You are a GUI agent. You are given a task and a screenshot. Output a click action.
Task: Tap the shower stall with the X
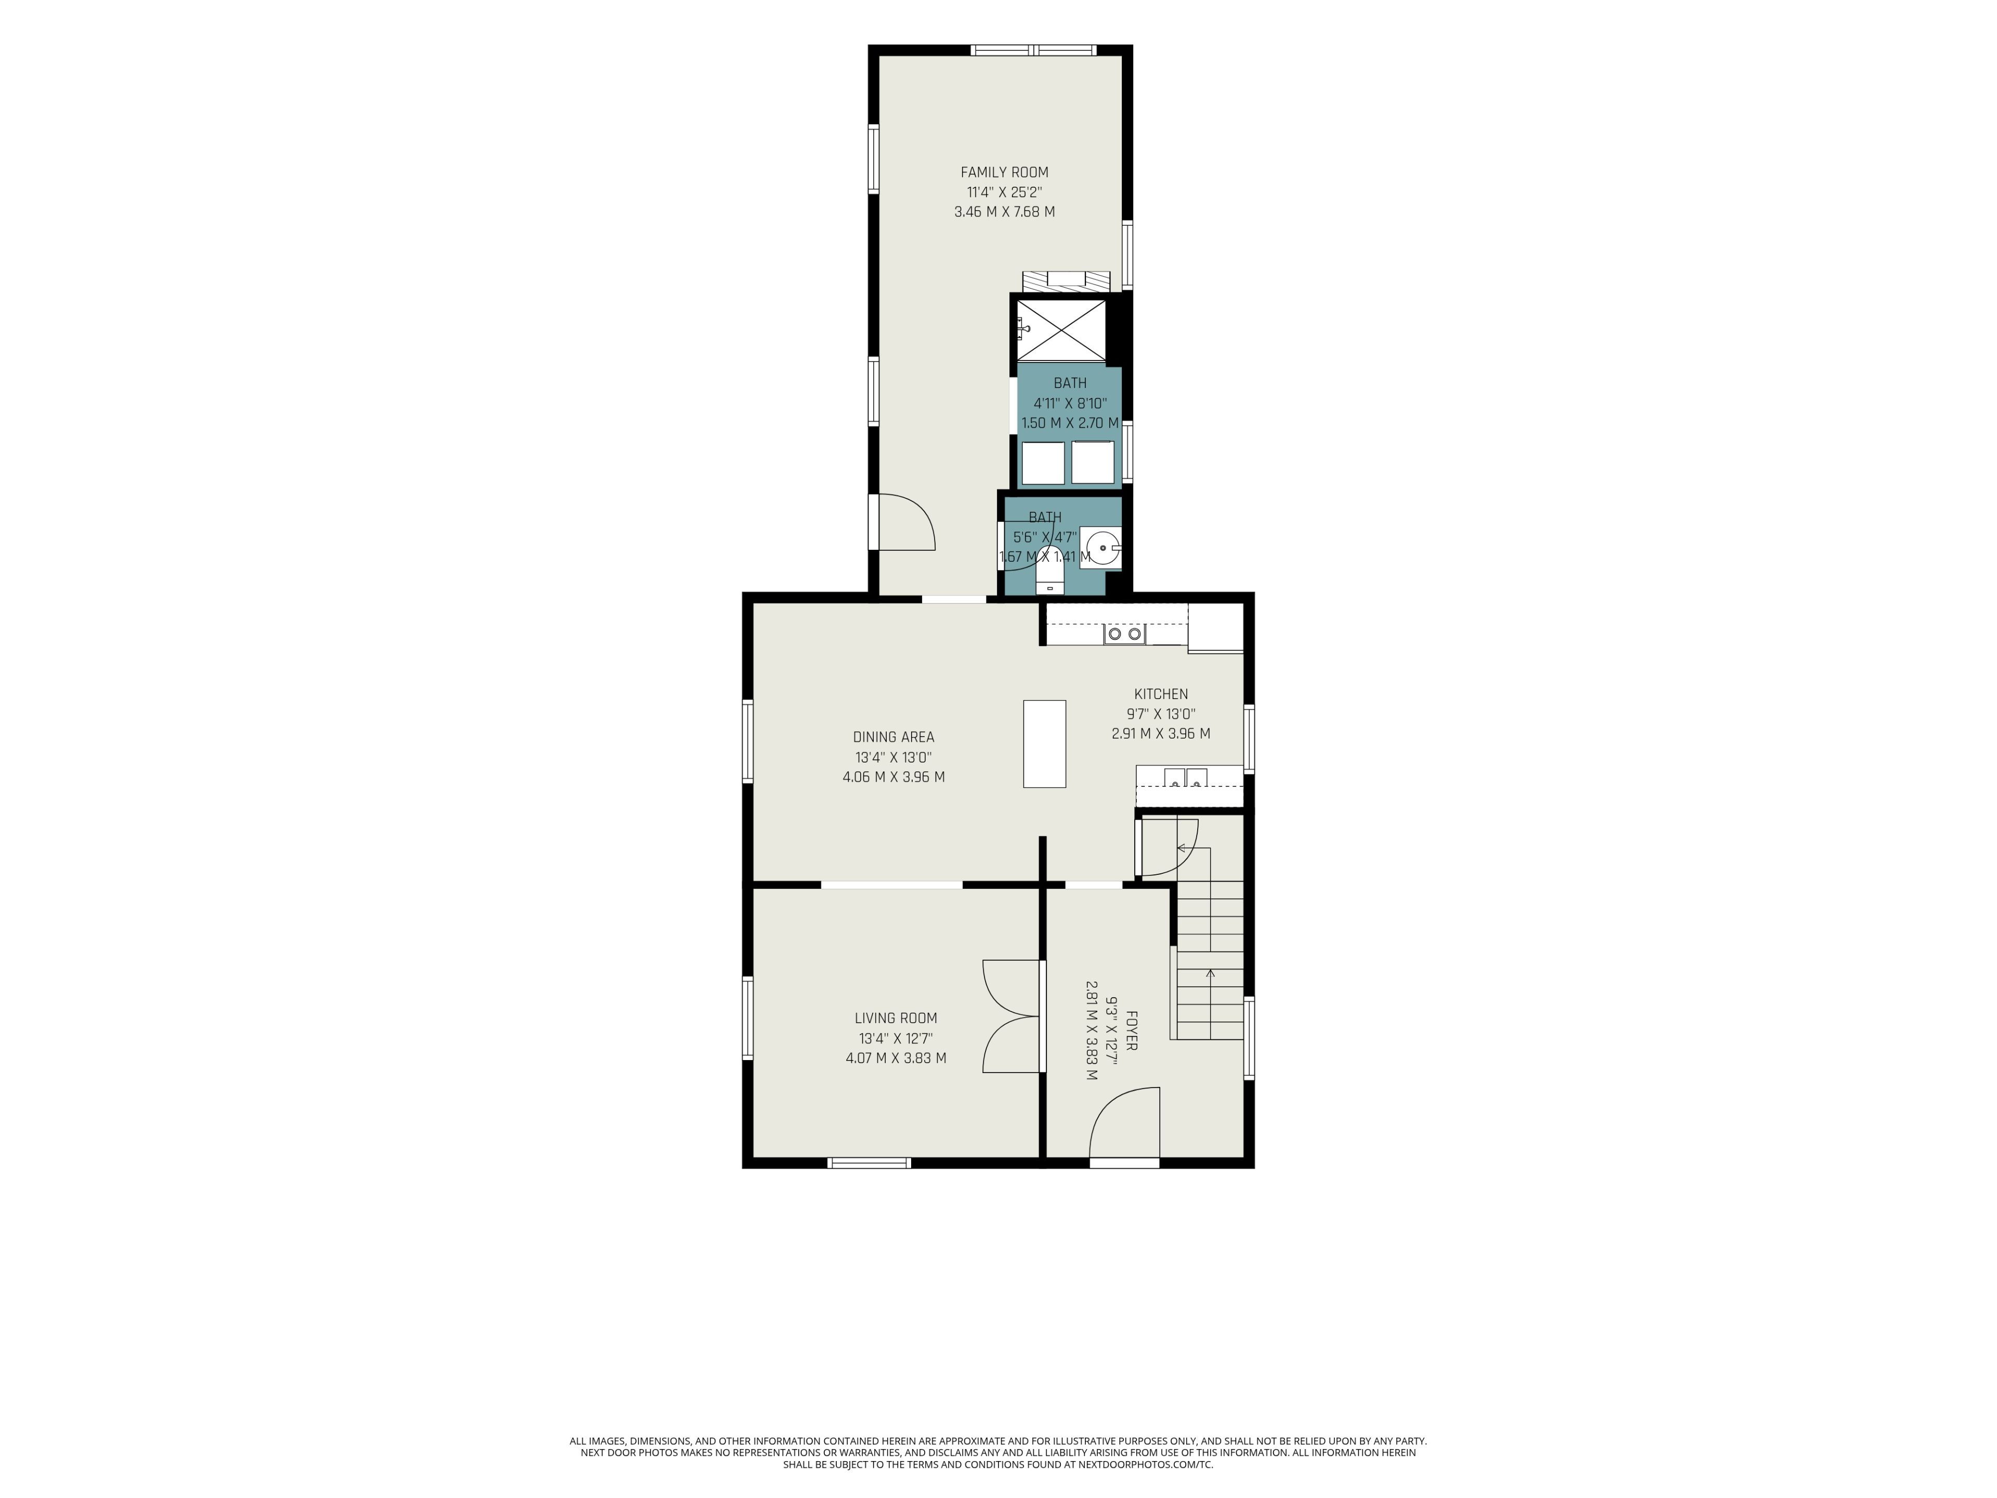pyautogui.click(x=1061, y=330)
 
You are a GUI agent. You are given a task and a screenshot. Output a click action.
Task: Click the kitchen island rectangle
pyautogui.click(x=1045, y=743)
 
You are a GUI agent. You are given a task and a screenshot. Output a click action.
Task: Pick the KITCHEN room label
pyautogui.click(x=1161, y=693)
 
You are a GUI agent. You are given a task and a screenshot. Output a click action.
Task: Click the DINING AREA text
pyautogui.click(x=894, y=737)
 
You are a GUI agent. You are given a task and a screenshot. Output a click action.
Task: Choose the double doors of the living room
pyautogui.click(x=1011, y=1017)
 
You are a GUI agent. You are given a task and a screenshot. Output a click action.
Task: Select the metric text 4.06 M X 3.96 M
pyautogui.click(x=894, y=777)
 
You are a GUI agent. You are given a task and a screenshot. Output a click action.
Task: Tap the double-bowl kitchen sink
pyautogui.click(x=1185, y=777)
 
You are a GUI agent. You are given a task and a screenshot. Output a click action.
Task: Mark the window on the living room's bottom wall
pyautogui.click(x=870, y=1163)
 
